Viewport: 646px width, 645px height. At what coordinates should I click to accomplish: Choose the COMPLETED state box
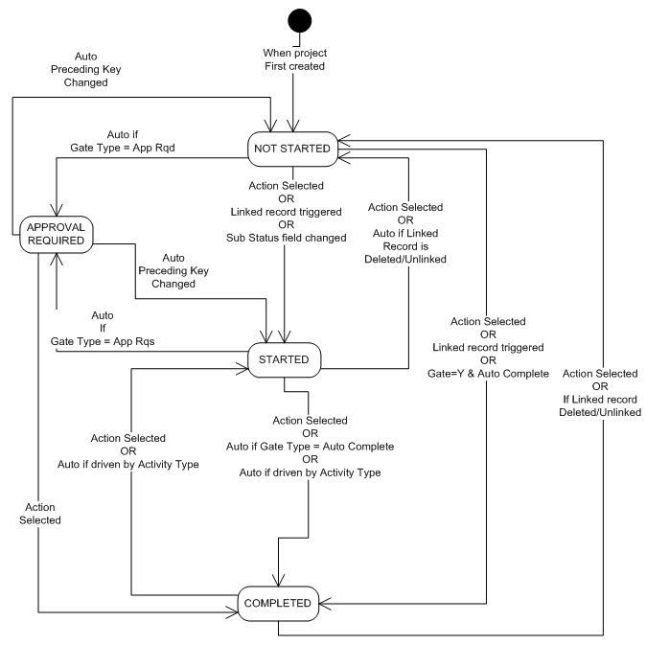(x=278, y=603)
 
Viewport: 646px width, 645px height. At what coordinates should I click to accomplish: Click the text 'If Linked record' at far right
(x=601, y=398)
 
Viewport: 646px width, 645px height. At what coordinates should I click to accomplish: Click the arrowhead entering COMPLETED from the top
(x=278, y=581)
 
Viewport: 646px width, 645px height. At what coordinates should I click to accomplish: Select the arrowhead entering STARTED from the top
(x=286, y=339)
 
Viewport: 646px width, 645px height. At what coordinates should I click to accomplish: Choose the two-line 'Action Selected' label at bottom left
(x=38, y=514)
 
